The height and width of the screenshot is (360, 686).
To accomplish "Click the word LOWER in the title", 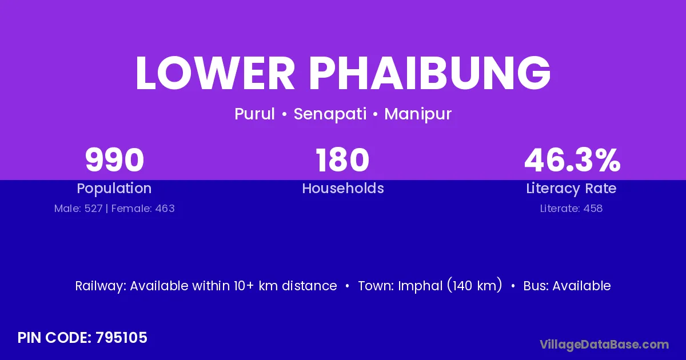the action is coord(215,73).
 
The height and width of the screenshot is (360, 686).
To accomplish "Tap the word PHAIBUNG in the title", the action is coord(430,73).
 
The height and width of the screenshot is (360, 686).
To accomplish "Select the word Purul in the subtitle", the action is coord(254,114).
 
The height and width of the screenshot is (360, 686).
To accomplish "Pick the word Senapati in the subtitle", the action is coord(330,114).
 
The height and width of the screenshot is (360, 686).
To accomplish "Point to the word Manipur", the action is coord(418,114).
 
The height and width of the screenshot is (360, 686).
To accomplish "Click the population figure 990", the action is coord(114,160).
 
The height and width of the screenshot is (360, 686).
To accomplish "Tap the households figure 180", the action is coord(342,160).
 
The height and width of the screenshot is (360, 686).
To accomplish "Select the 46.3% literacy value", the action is coord(572,160).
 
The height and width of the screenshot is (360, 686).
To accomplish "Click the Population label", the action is coord(114,189).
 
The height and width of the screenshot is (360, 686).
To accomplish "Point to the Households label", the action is coord(343,188).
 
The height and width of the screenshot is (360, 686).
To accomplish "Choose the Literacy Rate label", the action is coord(571,189).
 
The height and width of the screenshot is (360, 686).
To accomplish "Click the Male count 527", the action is coord(93,209).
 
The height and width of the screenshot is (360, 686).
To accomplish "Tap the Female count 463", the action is coord(165,209).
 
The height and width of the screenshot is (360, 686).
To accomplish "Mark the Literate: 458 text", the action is coord(571,209).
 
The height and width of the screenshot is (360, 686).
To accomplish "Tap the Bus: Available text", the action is coord(567,286).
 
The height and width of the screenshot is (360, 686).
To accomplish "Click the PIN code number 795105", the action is coord(121,338).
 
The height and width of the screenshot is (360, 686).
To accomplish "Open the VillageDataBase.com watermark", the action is coord(604,345).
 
